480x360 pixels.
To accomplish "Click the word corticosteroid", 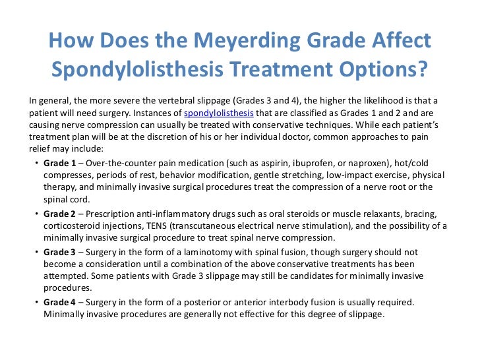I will click(x=74, y=226).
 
